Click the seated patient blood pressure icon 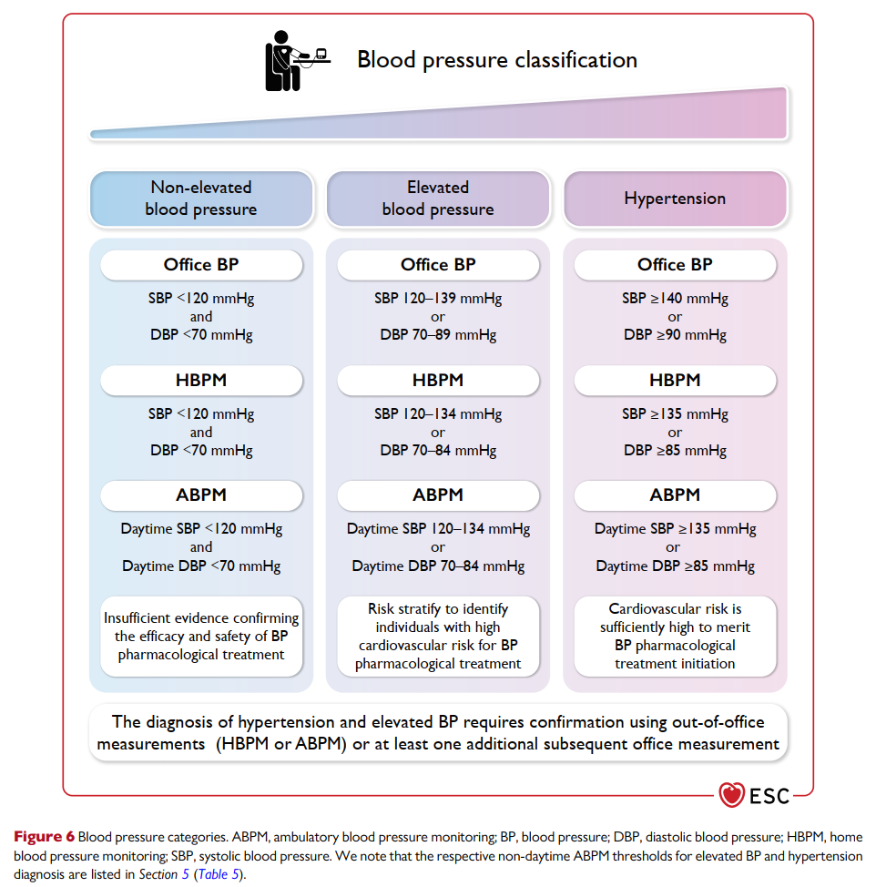(298, 60)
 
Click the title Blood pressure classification (497, 60)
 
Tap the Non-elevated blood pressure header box (201, 199)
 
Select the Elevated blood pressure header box (438, 199)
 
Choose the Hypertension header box (675, 199)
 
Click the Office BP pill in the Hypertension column (675, 265)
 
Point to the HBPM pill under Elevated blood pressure (438, 380)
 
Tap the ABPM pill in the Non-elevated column (201, 495)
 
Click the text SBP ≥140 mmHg (675, 298)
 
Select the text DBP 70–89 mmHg (438, 335)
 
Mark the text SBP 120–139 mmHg (438, 298)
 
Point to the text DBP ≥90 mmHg (675, 335)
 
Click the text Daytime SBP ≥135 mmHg (675, 529)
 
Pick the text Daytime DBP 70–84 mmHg (438, 566)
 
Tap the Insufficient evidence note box (201, 637)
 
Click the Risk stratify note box (438, 637)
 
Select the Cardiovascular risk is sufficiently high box (675, 637)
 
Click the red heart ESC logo (731, 795)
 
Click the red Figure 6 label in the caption (44, 837)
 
